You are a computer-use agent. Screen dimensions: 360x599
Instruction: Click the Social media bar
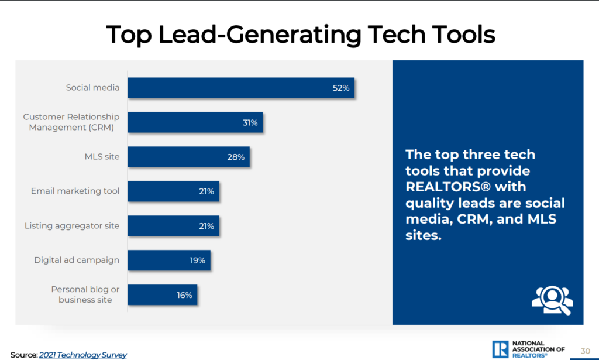pyautogui.click(x=240, y=88)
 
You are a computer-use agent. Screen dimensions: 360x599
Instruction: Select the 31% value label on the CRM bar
pyautogui.click(x=250, y=123)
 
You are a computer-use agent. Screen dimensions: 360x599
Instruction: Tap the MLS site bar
pyautogui.click(x=188, y=157)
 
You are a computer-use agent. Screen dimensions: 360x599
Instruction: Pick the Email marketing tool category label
pyautogui.click(x=75, y=191)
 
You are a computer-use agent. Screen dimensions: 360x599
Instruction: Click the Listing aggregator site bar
pyautogui.click(x=173, y=226)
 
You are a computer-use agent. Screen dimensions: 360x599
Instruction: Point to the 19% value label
pyautogui.click(x=197, y=260)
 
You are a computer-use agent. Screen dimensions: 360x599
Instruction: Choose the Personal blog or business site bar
pyautogui.click(x=162, y=295)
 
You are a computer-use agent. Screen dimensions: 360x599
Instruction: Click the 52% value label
pyautogui.click(x=341, y=88)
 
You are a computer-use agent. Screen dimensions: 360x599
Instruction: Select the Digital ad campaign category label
pyautogui.click(x=77, y=260)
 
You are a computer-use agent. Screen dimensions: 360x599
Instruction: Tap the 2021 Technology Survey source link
pyautogui.click(x=83, y=355)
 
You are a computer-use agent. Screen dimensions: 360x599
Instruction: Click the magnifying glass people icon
pyautogui.click(x=552, y=299)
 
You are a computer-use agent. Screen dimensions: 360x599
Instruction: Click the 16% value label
pyautogui.click(x=184, y=295)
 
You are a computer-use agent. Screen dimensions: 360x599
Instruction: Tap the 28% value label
pyautogui.click(x=236, y=157)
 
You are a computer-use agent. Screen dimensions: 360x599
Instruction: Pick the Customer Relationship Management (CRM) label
pyautogui.click(x=71, y=122)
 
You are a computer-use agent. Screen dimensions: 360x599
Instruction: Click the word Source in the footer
pyautogui.click(x=23, y=355)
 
